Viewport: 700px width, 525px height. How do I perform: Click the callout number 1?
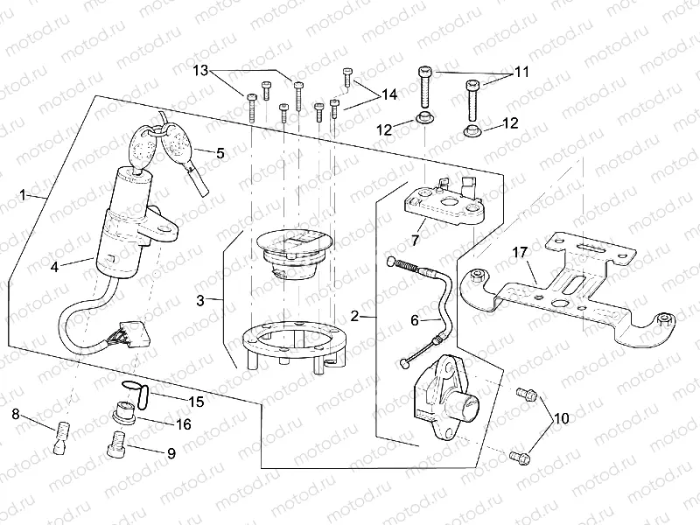point(23,195)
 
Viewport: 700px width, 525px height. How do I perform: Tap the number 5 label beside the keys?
point(220,152)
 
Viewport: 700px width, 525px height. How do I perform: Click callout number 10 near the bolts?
point(560,418)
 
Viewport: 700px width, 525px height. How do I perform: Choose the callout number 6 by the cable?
point(415,321)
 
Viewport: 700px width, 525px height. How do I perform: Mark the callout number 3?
point(200,301)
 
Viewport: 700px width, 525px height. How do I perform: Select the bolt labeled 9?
point(116,446)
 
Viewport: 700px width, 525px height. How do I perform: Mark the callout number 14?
point(388,94)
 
